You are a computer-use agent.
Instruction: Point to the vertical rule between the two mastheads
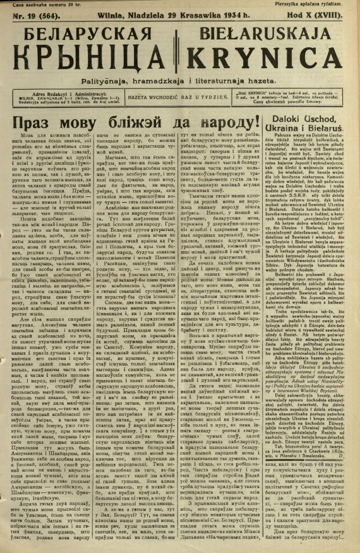click(179, 47)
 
